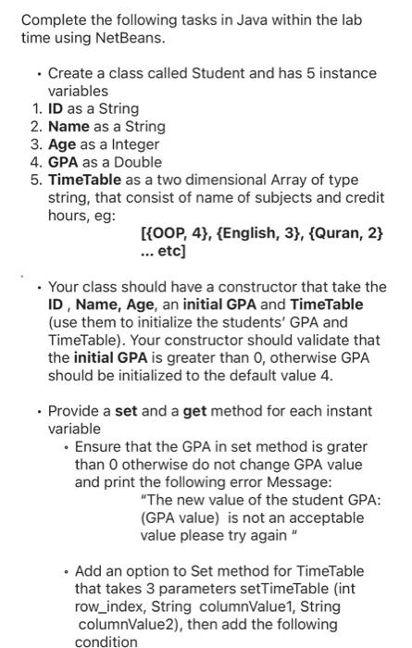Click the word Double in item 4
(137, 161)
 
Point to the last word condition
(106, 642)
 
